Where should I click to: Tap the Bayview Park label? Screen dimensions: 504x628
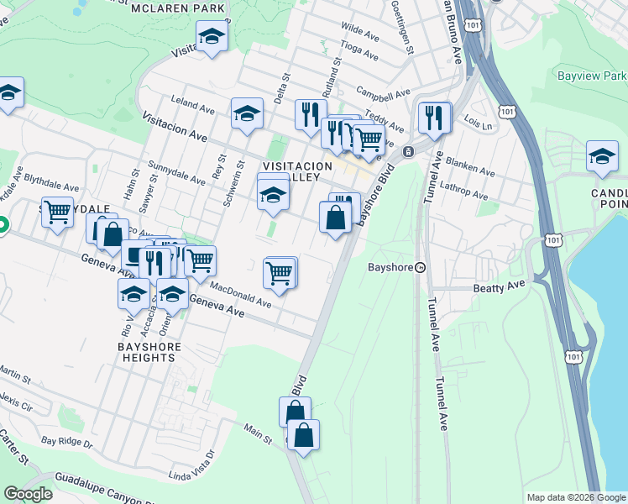(591, 76)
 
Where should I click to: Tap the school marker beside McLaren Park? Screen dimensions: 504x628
(212, 36)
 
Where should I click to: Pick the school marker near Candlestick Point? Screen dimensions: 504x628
(602, 156)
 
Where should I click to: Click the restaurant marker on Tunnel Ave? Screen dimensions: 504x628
(433, 117)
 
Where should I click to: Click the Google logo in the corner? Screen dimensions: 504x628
(28, 494)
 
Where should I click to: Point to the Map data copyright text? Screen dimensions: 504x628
(575, 497)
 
